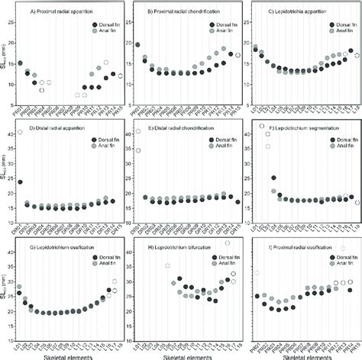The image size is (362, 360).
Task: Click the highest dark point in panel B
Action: [137, 45]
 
